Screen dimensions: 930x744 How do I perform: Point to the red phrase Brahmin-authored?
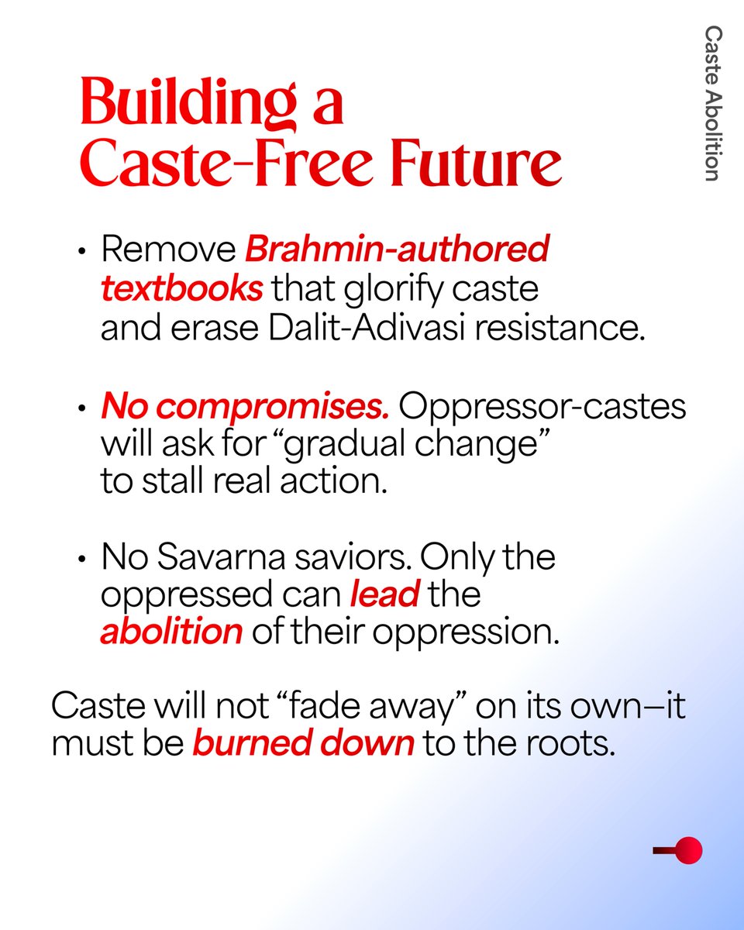tap(397, 251)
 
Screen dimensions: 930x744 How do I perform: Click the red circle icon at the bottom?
tap(688, 850)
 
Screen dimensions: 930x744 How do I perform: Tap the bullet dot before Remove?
tap(81, 253)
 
